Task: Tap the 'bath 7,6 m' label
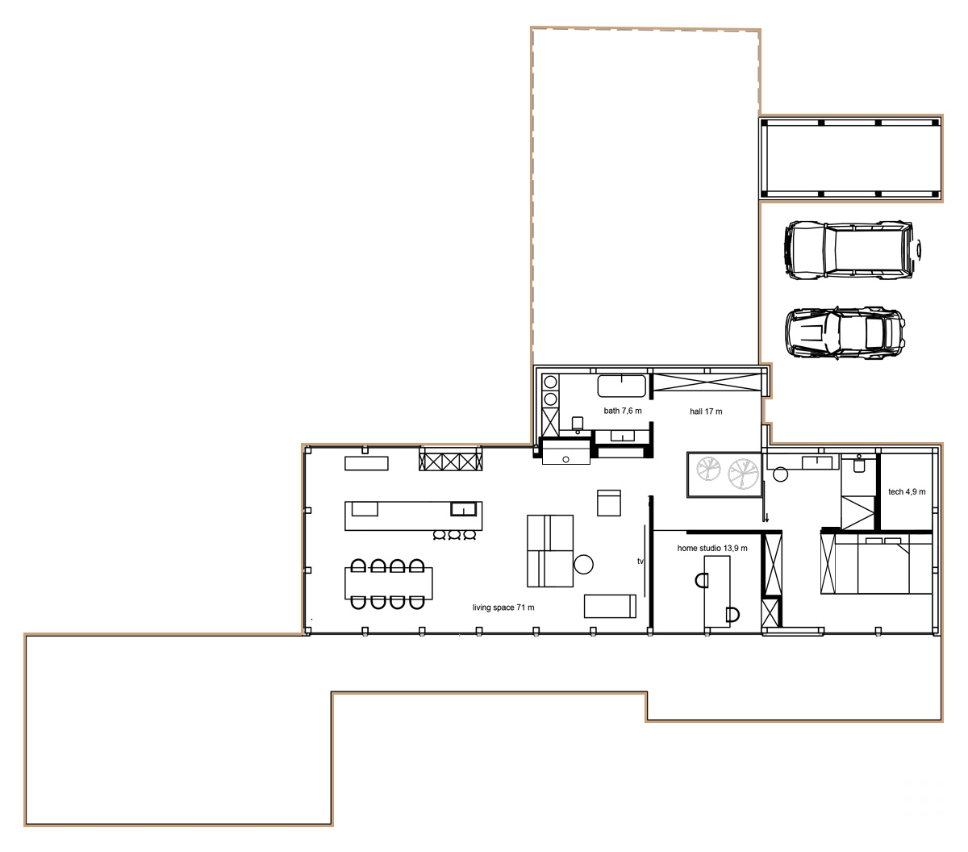pyautogui.click(x=623, y=411)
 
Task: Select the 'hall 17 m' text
pyautogui.click(x=705, y=411)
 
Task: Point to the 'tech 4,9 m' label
pyautogui.click(x=907, y=491)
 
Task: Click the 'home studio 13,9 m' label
pyautogui.click(x=712, y=549)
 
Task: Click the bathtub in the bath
pyautogui.click(x=622, y=386)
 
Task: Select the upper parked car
pyautogui.click(x=851, y=251)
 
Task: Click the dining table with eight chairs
pyautogui.click(x=389, y=583)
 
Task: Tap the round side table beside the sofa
pyautogui.click(x=584, y=564)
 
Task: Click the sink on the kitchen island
pyautogui.click(x=462, y=508)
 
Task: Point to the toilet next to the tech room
pyautogui.click(x=858, y=464)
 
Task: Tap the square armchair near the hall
pyautogui.click(x=608, y=502)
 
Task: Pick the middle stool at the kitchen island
pyautogui.click(x=454, y=534)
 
